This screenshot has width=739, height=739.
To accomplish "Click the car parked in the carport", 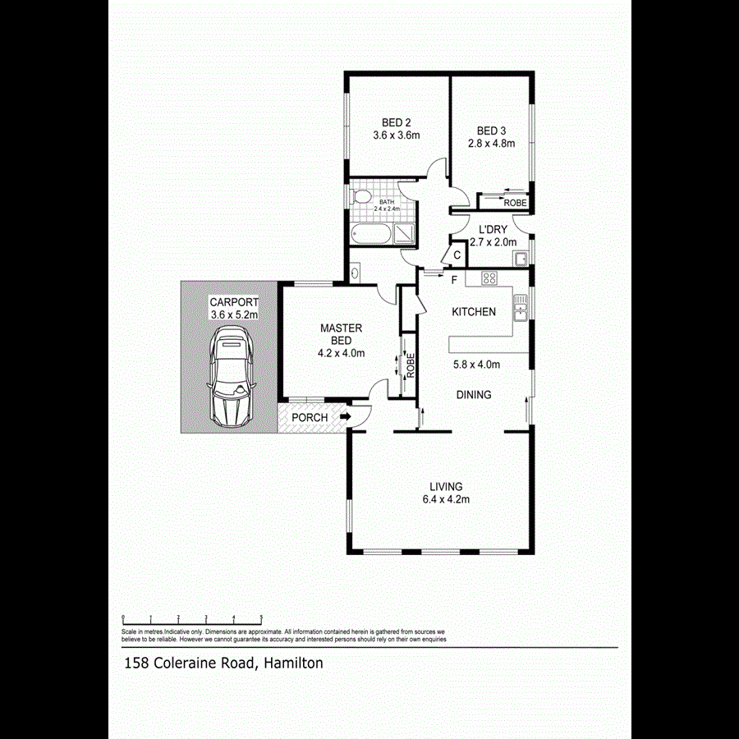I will coord(231,377).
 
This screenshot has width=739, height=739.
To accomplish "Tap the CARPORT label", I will coord(234,301).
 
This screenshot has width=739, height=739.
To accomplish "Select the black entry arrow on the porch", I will coord(346,417).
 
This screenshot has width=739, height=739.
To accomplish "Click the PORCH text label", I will coord(310,418).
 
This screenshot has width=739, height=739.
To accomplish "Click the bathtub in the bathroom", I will coord(370,236).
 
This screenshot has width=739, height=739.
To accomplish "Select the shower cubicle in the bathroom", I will coord(406,234).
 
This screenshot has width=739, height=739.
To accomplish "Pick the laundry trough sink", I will coord(521,260).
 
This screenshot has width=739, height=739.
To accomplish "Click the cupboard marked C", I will coord(457,256).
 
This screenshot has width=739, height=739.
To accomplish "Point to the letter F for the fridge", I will coord(453,281).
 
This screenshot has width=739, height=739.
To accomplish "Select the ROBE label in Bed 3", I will coord(515,203).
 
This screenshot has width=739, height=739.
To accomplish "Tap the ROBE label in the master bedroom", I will coord(411,365).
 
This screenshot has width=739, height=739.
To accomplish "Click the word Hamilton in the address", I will coord(294,663).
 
